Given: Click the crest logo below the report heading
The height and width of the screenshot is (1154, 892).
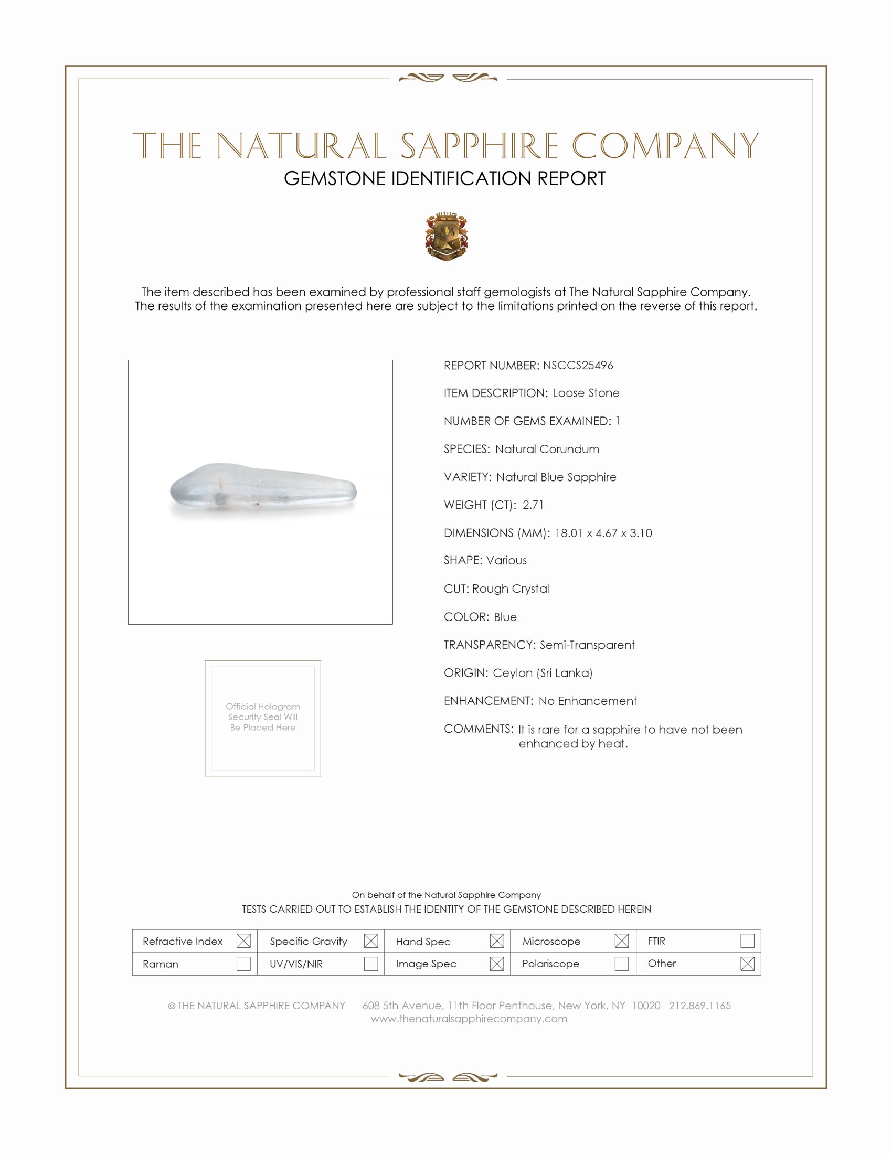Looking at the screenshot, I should point(447,236).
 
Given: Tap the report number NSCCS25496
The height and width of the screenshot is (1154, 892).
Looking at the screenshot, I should point(578,365).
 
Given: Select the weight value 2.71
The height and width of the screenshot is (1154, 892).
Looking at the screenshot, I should point(533,505).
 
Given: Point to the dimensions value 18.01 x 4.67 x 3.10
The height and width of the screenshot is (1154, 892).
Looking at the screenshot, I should point(603,532).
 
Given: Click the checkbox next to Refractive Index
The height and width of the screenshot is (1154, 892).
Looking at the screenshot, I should point(243,941).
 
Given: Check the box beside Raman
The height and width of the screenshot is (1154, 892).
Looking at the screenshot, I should point(243,963).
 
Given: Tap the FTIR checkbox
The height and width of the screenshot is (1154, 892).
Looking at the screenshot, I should point(747,941).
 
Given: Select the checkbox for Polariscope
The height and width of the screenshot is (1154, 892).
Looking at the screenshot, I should point(621,963).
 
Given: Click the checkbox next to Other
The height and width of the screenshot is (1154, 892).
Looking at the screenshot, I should point(747,963).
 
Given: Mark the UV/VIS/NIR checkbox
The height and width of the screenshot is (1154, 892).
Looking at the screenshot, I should point(371,963).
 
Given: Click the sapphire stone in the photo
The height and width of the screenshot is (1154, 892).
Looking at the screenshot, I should point(263,490).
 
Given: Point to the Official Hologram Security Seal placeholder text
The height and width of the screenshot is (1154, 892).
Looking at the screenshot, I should point(263,717).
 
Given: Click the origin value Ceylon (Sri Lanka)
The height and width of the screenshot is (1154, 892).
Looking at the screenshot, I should point(543,672).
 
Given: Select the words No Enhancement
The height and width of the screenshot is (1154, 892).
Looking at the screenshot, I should point(588,701).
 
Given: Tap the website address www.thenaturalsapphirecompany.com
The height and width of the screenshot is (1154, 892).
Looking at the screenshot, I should point(469,1019).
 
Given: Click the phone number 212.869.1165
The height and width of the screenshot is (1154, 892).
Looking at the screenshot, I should point(699,1006).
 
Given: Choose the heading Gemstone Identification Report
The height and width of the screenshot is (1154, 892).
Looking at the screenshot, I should point(444,178).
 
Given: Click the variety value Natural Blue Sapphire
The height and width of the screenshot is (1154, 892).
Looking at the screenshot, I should point(556,477).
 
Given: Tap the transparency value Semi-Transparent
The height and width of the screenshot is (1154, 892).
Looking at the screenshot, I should point(587,645).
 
